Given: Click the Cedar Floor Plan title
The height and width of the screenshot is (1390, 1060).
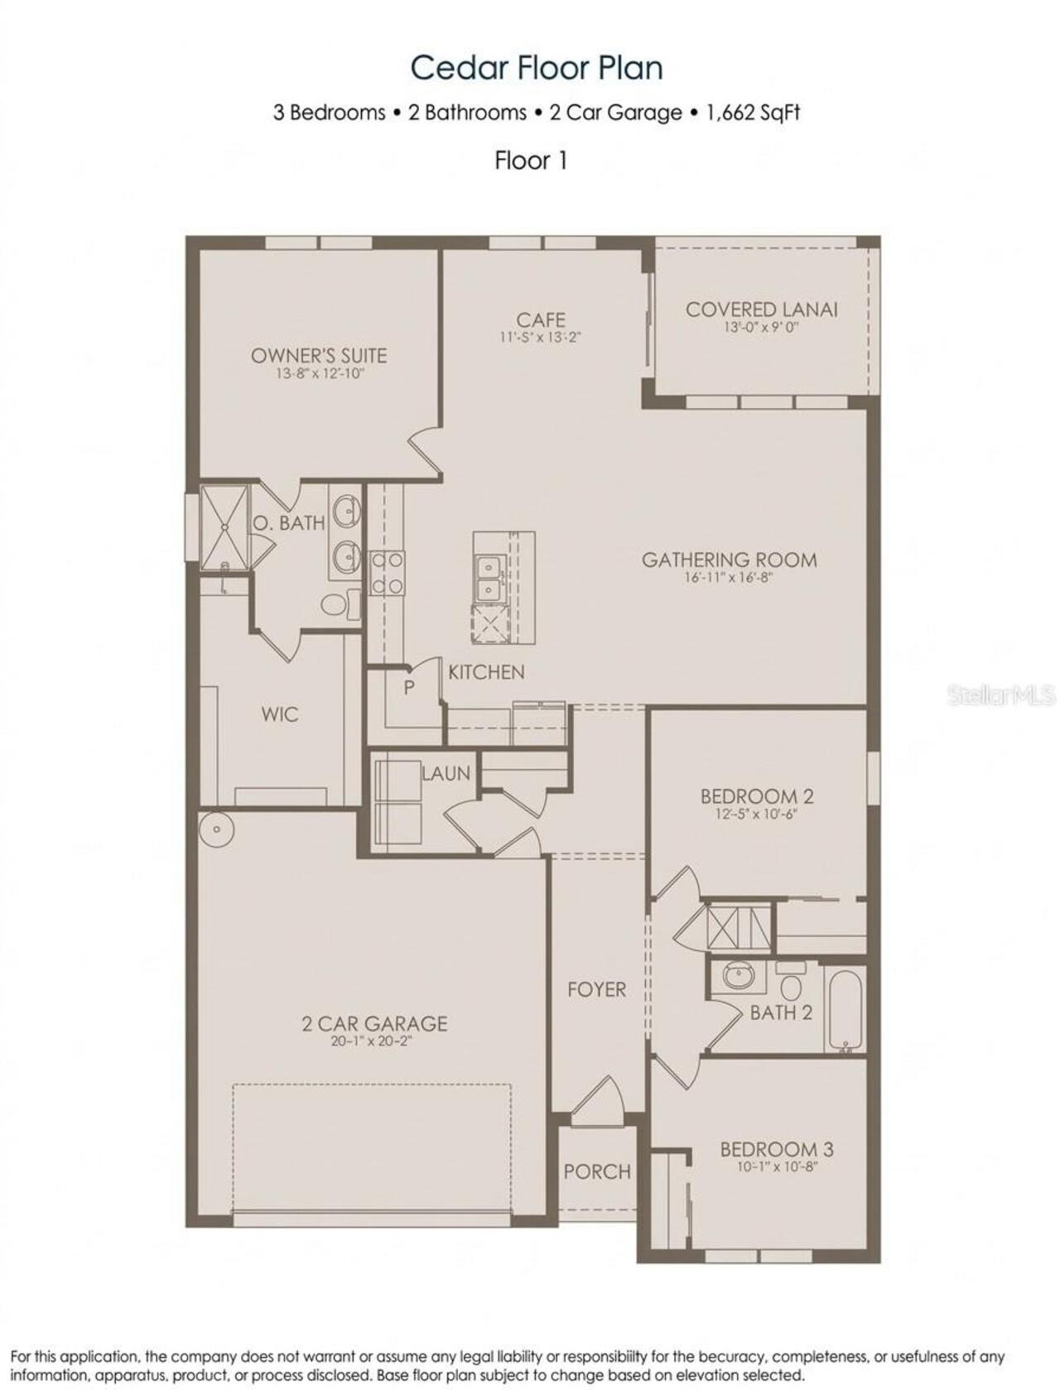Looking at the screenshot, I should (x=537, y=68).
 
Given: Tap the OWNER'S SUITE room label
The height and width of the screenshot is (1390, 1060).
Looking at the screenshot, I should (x=319, y=356).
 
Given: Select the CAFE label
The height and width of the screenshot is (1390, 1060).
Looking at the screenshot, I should (x=541, y=320).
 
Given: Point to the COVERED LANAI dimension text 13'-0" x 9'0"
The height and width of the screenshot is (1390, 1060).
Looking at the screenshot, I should (x=761, y=328).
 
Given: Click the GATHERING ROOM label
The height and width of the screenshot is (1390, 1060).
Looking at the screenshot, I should (x=729, y=560).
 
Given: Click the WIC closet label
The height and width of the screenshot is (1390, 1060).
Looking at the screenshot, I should (x=280, y=714).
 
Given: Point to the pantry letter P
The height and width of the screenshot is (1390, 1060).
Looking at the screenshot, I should (x=409, y=687).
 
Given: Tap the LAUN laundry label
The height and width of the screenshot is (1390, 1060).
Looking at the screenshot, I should (x=446, y=773).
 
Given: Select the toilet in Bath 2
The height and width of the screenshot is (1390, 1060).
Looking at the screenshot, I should (x=791, y=985).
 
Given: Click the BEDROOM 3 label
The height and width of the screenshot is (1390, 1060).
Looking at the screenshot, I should (x=776, y=1149).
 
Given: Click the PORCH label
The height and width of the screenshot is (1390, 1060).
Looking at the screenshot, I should (x=597, y=1171).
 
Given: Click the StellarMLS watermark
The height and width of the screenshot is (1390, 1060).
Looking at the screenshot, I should (x=1000, y=695).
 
